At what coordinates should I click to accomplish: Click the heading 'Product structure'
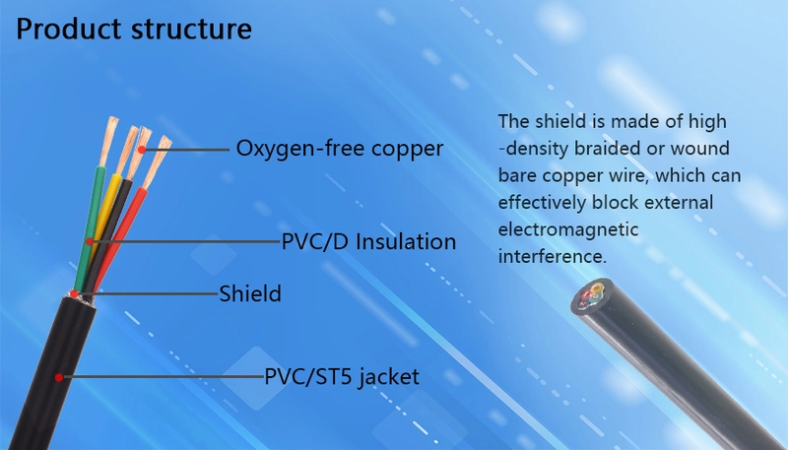(134, 30)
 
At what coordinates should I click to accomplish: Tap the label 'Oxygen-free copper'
(340, 149)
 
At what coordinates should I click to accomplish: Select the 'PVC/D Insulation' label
(368, 241)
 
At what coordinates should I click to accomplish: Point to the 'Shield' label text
(250, 293)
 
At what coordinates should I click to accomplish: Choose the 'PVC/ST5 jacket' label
(342, 377)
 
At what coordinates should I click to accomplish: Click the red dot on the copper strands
(142, 149)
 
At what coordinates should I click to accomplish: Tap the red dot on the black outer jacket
(59, 377)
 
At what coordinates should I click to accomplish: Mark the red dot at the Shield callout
(75, 293)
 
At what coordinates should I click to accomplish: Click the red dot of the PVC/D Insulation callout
(90, 241)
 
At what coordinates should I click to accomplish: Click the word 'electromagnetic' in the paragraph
(568, 229)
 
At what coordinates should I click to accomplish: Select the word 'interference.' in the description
(553, 257)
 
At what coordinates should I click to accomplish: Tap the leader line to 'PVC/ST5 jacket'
(164, 377)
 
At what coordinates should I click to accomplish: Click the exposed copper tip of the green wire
(109, 141)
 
